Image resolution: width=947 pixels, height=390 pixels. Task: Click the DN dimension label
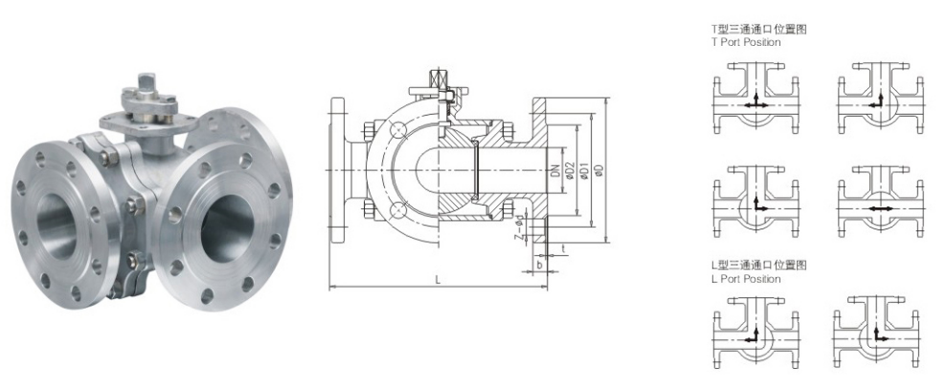click(x=553, y=171)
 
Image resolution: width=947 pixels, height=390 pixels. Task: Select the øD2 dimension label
click(x=569, y=171)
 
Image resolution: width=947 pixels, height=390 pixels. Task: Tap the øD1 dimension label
click(x=584, y=171)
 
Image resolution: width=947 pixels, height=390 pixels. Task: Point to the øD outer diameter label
click(x=598, y=171)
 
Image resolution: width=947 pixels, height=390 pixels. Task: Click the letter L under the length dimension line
click(x=438, y=280)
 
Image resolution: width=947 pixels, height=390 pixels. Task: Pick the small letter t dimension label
click(x=563, y=248)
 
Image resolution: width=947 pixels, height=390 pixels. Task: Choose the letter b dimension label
click(x=539, y=264)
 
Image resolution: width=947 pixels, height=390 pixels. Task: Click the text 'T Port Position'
click(x=745, y=42)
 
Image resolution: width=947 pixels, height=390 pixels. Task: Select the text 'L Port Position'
click(x=745, y=279)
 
